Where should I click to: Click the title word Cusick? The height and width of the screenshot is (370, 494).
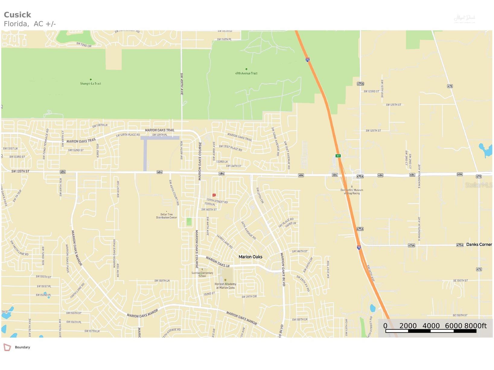17,15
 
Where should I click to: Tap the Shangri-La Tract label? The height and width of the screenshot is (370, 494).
91,84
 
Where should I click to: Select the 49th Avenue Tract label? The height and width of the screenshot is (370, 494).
246,73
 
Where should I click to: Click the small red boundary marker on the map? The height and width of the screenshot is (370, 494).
214,195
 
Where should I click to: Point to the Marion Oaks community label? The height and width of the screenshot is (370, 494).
250,257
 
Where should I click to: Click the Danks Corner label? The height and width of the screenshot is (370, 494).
479,245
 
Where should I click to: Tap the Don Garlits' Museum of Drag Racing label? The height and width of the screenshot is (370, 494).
352,191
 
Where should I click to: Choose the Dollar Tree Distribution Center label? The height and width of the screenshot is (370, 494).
167,216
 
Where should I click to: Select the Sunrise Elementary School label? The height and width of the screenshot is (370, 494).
202,274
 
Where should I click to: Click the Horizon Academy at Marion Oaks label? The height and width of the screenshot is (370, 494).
225,286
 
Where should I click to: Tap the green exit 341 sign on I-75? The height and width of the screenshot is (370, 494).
338,156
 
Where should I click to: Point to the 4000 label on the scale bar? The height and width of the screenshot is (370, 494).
431,326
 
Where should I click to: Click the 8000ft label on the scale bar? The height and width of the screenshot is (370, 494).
475,326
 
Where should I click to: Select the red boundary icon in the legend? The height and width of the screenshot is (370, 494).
7,347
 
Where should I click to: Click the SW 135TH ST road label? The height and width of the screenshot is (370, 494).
20,172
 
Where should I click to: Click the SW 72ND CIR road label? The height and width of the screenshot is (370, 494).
84,45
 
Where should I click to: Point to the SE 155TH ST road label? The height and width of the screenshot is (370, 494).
460,315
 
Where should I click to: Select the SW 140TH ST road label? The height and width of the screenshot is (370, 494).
209,210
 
